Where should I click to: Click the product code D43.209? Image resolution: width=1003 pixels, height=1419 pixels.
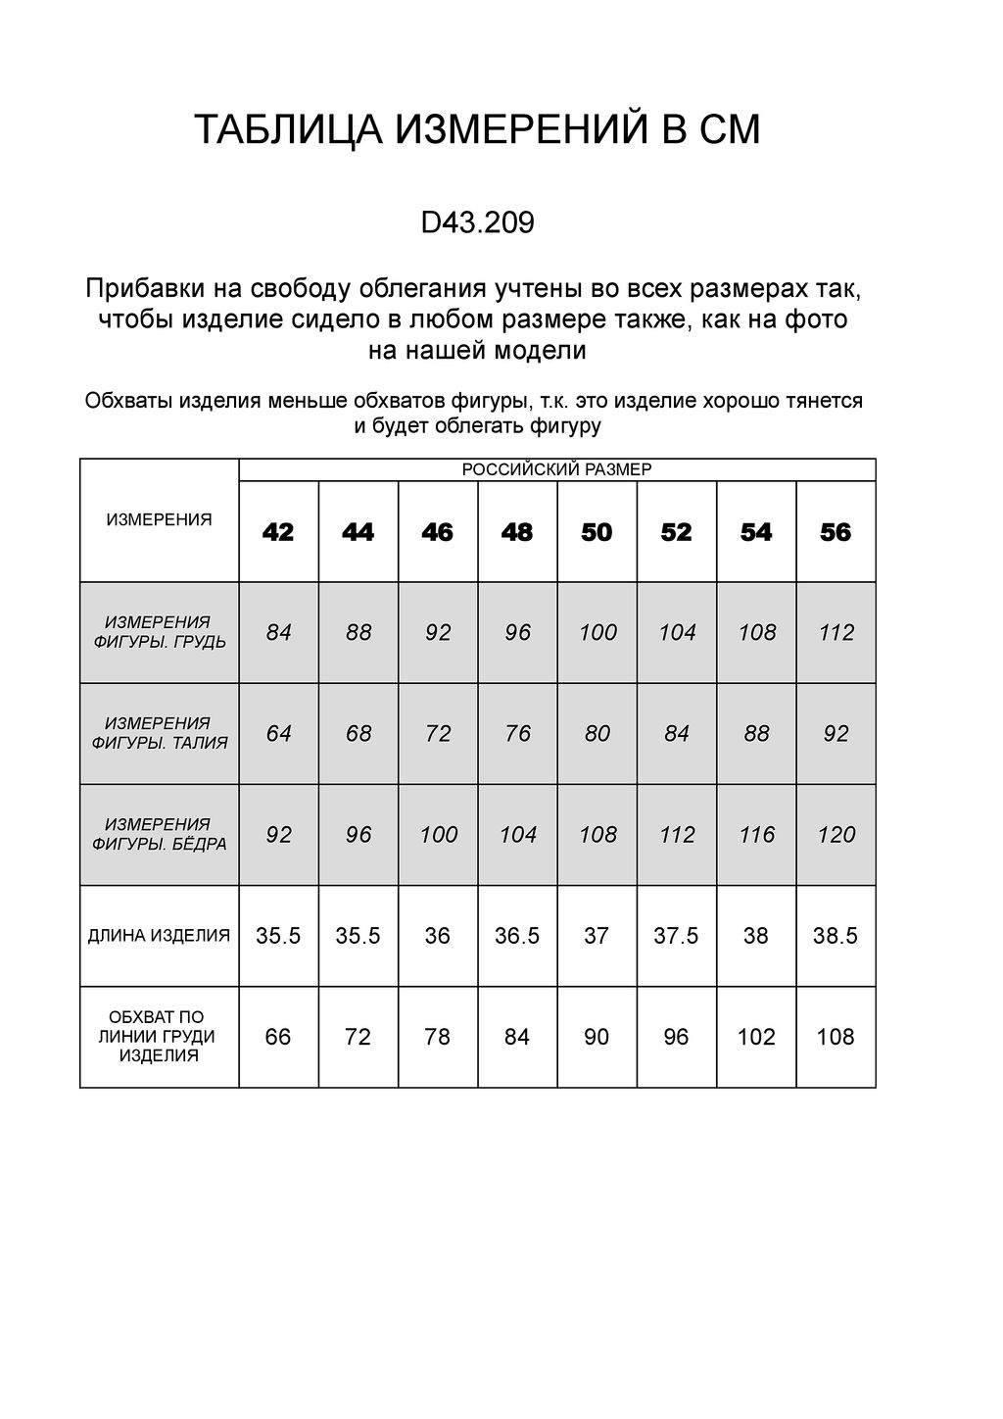coord(477,223)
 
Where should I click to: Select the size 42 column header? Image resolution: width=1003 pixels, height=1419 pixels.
coord(278,532)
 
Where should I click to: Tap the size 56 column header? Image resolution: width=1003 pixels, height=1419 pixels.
coord(836,532)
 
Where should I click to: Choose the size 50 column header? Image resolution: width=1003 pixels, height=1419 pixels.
coord(597,532)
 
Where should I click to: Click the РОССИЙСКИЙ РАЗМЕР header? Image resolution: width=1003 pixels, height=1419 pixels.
coord(556,469)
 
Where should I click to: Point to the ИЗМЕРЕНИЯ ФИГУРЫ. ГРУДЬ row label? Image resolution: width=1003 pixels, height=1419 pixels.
coord(159,632)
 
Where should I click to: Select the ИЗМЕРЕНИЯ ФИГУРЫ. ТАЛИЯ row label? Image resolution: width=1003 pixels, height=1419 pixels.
coord(159,733)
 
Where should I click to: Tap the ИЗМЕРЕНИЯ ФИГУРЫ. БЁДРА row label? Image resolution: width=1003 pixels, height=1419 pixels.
coord(159,834)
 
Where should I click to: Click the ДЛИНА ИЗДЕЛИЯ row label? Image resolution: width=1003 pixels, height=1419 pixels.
coord(159,936)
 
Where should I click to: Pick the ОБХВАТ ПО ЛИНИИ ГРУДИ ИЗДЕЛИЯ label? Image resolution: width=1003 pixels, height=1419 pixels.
coord(159,1037)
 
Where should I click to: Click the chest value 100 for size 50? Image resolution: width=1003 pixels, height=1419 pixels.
coord(597,632)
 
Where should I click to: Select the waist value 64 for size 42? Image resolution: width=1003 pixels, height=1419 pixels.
coord(278,733)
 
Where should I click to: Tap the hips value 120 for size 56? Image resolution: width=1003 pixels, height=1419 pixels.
coord(836,835)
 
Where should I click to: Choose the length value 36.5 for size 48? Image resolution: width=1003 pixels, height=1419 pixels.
coord(517,936)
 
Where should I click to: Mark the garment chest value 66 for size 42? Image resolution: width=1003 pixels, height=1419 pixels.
coord(278,1037)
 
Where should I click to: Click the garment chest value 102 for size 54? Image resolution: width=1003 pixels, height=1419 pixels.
coord(756,1037)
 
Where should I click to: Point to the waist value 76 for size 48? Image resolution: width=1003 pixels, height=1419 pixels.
coord(517,733)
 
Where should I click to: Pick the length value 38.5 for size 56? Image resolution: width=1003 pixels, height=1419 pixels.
coord(836,936)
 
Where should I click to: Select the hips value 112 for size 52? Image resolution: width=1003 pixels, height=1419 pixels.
coord(677,835)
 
